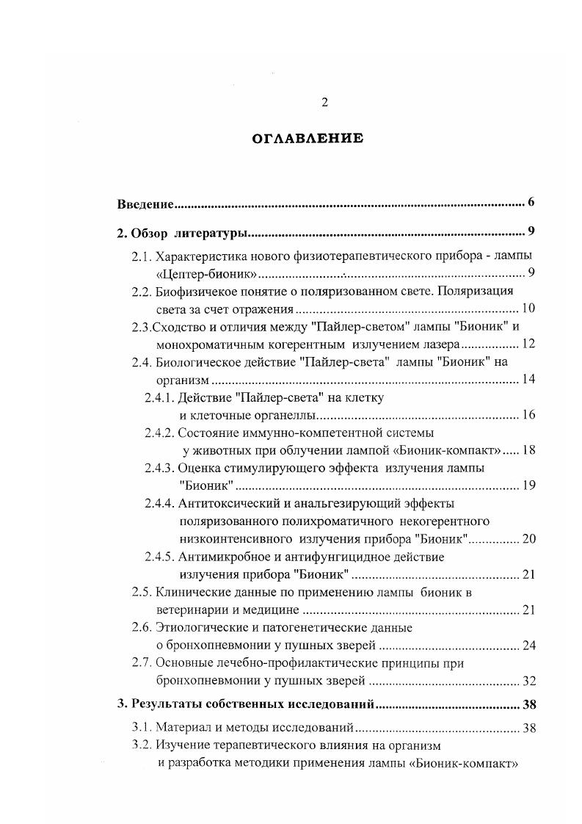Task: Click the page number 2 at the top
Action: point(324,103)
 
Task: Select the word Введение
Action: point(146,203)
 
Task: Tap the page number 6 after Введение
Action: point(531,203)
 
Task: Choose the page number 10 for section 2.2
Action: point(528,308)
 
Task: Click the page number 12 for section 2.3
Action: point(528,343)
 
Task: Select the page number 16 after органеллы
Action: point(528,415)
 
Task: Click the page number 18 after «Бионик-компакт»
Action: point(528,450)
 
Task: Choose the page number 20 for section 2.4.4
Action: point(528,539)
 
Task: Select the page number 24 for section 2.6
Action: point(528,646)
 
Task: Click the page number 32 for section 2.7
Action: point(528,681)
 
